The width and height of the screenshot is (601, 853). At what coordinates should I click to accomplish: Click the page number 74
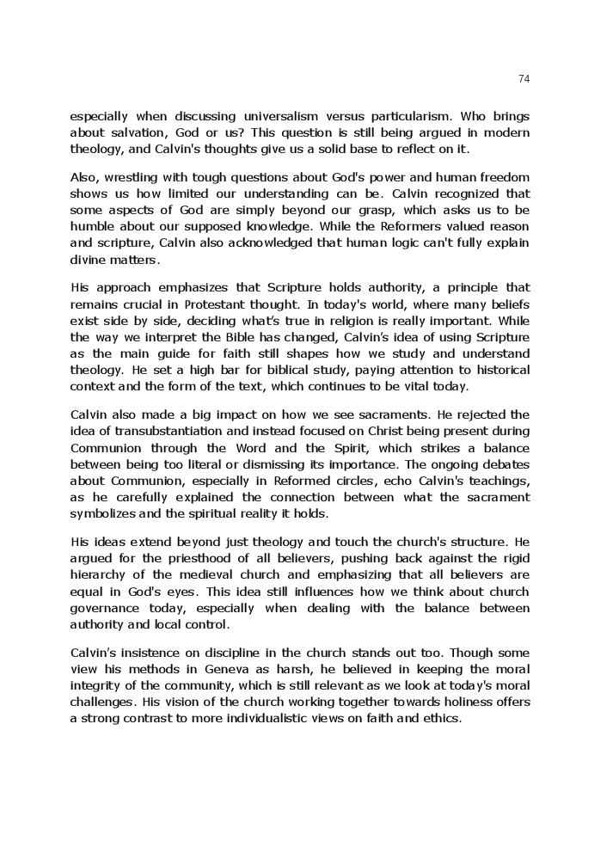(x=524, y=78)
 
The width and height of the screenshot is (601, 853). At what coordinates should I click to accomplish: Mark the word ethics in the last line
(x=442, y=718)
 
